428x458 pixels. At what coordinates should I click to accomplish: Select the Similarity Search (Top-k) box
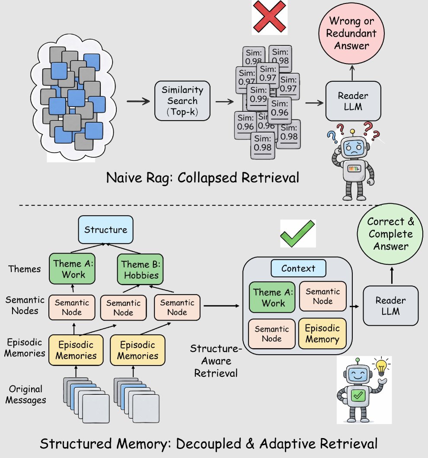click(182, 101)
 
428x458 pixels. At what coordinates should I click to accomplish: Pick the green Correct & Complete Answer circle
click(390, 234)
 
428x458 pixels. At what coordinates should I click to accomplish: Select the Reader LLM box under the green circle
click(390, 306)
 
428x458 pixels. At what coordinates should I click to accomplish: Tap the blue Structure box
click(105, 229)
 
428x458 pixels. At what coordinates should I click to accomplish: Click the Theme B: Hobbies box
click(140, 269)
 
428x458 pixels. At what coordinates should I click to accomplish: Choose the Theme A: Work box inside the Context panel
click(273, 298)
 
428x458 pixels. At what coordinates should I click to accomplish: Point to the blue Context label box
click(298, 268)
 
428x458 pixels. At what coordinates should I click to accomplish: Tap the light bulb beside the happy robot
click(381, 368)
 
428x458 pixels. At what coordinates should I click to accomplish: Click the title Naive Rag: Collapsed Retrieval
click(202, 177)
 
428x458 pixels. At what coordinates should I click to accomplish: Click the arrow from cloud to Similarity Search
click(137, 102)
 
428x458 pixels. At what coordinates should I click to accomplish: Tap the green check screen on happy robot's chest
click(358, 394)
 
